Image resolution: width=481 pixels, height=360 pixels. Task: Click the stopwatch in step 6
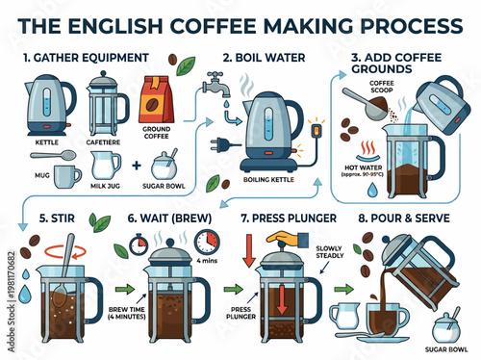click(204, 240)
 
